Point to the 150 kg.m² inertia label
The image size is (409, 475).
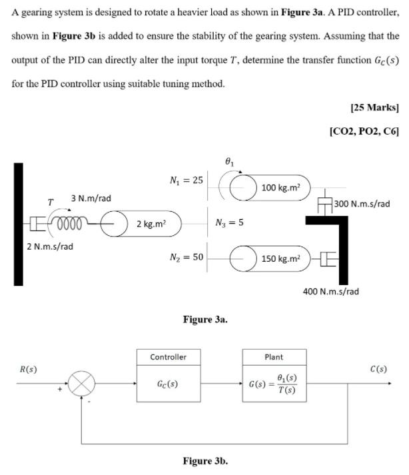click(282, 258)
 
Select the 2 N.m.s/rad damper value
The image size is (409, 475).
click(51, 246)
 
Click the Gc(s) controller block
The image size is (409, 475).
click(169, 384)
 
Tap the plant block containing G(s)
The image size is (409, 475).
click(274, 384)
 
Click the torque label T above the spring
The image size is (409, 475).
click(49, 201)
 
